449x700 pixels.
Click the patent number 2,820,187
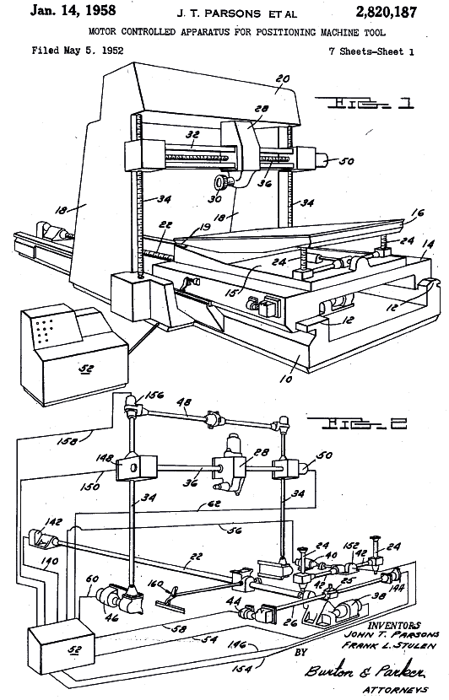(386, 12)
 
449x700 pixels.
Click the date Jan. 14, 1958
(73, 11)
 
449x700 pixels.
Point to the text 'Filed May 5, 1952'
(78, 50)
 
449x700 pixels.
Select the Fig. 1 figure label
(365, 103)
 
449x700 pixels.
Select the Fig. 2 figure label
(357, 423)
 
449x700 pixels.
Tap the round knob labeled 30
(221, 181)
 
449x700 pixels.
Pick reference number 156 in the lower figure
(154, 395)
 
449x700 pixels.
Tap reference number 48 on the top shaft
(184, 402)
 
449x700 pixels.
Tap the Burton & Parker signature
(365, 671)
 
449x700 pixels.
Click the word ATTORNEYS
(395, 690)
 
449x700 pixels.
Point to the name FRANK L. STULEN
(388, 645)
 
